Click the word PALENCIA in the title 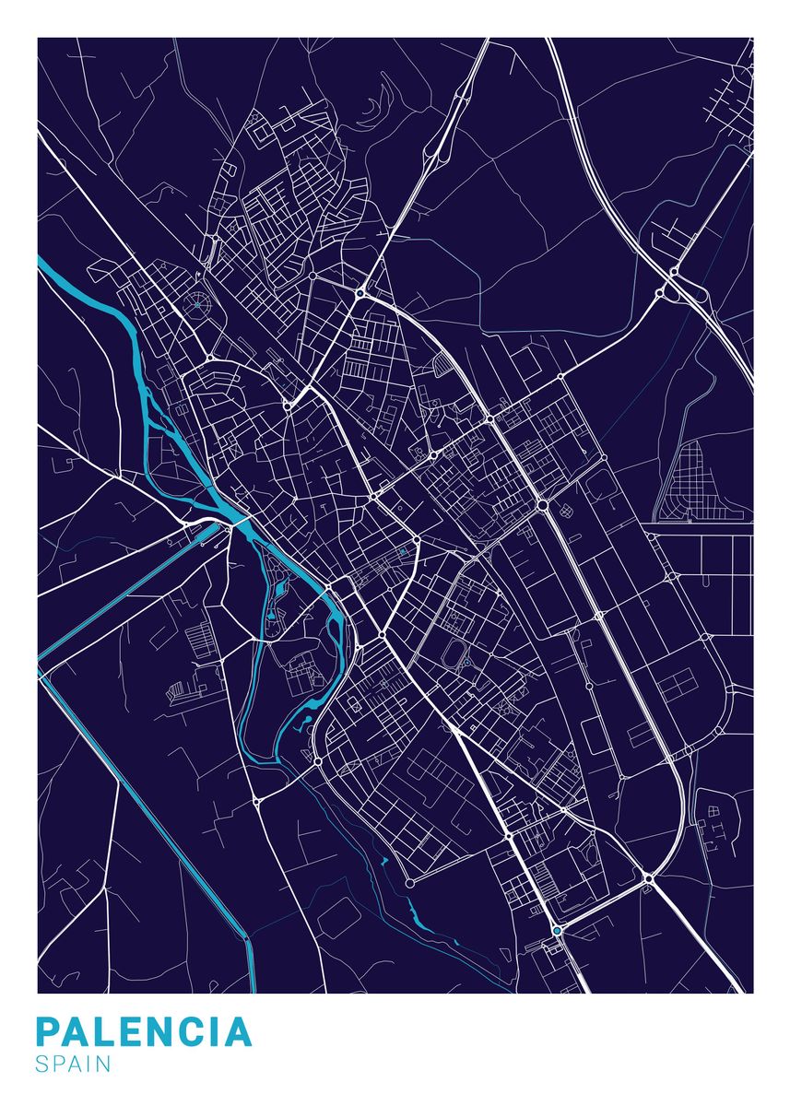click(144, 1032)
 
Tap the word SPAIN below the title click(74, 1065)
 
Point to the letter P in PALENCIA click(48, 1032)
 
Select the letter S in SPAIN click(42, 1065)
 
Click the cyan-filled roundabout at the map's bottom click(557, 931)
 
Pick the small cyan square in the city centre click(402, 552)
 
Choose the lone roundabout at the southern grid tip click(409, 883)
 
